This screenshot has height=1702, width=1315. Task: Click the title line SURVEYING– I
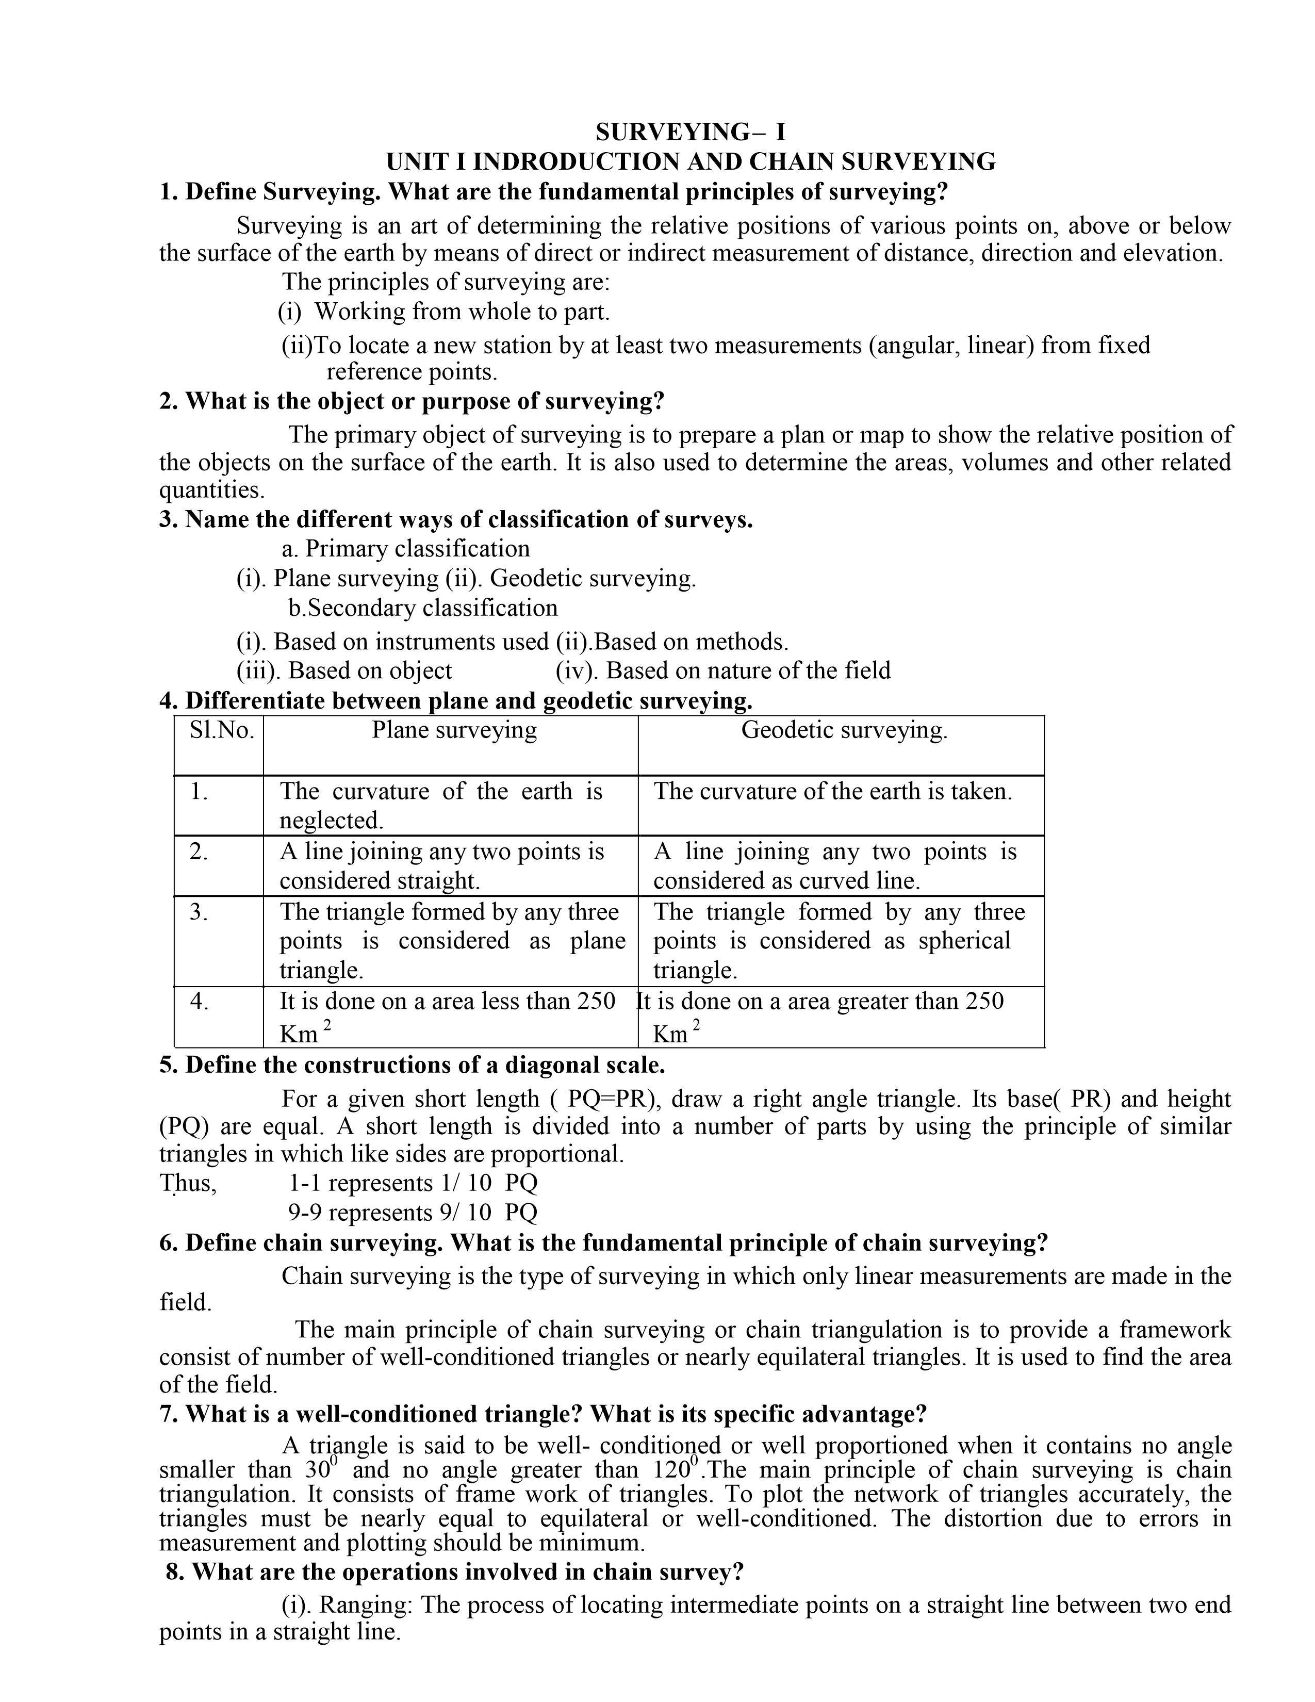pyautogui.click(x=690, y=131)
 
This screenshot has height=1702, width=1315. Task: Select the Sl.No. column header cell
pyautogui.click(x=222, y=730)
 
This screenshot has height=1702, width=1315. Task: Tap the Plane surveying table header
pyautogui.click(x=454, y=730)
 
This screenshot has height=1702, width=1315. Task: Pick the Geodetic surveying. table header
pyautogui.click(x=844, y=730)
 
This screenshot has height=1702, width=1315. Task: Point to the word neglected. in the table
pyautogui.click(x=331, y=821)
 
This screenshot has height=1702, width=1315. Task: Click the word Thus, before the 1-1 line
pyautogui.click(x=188, y=1183)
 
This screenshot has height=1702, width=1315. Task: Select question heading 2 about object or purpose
pyautogui.click(x=412, y=401)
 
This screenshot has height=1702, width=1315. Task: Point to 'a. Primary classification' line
pyautogui.click(x=406, y=549)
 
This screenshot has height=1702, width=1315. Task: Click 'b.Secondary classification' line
pyautogui.click(x=423, y=608)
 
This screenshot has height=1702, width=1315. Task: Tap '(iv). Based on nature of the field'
pyautogui.click(x=723, y=670)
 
